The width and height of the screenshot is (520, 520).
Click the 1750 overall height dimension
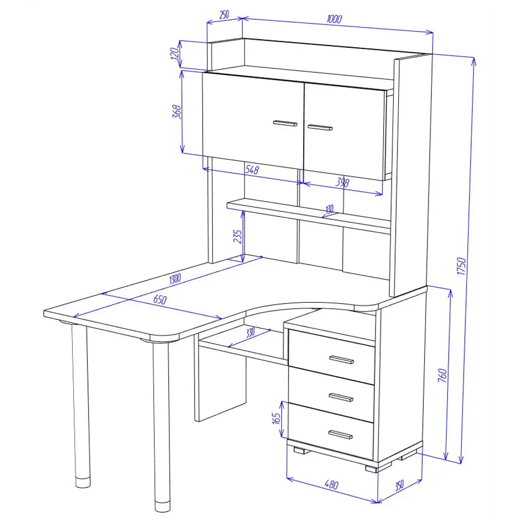[x=461, y=266]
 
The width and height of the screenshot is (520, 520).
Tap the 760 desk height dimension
[x=443, y=375]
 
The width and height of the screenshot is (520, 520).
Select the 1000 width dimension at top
[x=334, y=19]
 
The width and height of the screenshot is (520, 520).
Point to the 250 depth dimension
[x=224, y=15]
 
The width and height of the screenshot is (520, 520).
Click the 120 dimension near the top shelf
[x=176, y=54]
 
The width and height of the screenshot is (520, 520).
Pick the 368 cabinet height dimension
[x=177, y=112]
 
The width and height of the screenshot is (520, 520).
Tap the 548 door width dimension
[x=252, y=170]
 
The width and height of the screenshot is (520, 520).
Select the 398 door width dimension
[x=343, y=182]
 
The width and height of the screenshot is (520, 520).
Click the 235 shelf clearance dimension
[x=238, y=237]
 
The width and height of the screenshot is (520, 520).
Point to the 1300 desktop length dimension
[x=175, y=279]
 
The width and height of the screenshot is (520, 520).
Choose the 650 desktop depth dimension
[x=160, y=300]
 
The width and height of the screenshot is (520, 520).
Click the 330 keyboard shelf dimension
[x=251, y=332]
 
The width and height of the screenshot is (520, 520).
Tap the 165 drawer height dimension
[x=276, y=418]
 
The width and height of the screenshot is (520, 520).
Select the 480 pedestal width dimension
[x=332, y=485]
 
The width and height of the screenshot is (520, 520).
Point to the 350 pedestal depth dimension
[x=399, y=485]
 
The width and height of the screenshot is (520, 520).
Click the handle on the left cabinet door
[x=285, y=123]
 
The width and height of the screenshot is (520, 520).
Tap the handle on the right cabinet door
[x=320, y=127]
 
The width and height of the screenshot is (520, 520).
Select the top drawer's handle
[x=342, y=360]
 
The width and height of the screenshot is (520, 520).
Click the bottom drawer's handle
[x=340, y=434]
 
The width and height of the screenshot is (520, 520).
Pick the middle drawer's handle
[x=341, y=397]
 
